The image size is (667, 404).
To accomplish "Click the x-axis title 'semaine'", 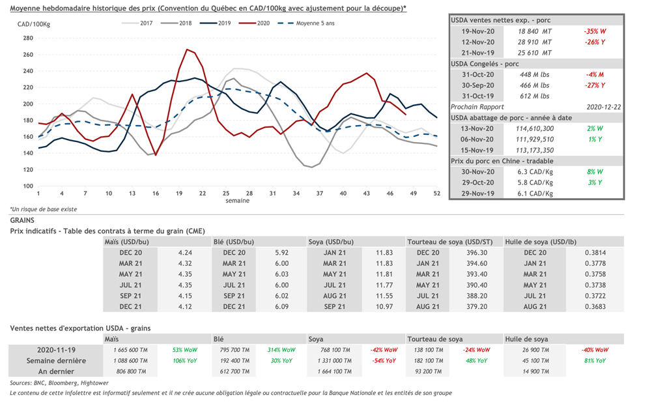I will [236, 201].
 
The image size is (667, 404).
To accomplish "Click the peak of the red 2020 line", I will [188, 49].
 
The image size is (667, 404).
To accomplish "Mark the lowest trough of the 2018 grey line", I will [311, 167].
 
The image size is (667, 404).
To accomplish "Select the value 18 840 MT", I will [534, 31].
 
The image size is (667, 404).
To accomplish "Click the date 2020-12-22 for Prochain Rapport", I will [603, 106].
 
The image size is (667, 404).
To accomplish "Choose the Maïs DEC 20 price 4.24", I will [185, 252].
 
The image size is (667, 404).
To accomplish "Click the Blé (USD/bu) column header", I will [233, 242].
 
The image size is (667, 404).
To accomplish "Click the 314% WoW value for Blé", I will [281, 350].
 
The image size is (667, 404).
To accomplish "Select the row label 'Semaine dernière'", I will [56, 360].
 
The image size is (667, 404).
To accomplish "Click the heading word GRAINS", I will [23, 221].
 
